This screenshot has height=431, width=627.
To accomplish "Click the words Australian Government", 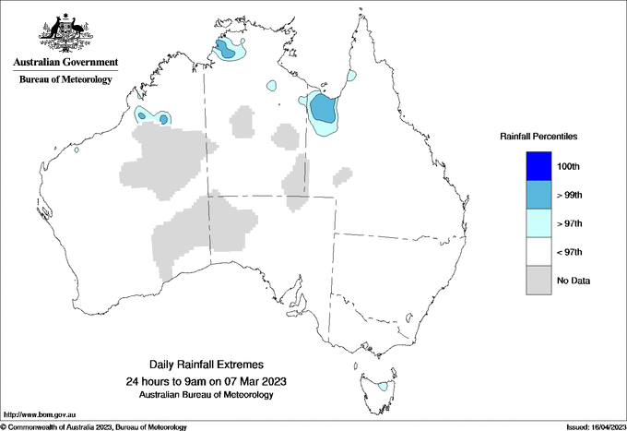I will click(65, 63).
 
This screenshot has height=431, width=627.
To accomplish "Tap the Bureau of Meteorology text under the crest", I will click(65, 79).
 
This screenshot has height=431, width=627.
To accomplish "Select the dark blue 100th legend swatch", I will click(538, 165).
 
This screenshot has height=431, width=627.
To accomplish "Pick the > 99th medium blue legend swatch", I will click(538, 194).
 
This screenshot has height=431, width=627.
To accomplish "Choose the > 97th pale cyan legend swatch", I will click(538, 222).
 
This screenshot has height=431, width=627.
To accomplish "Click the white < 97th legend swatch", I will click(538, 251).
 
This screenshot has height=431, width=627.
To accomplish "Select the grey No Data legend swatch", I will click(538, 280).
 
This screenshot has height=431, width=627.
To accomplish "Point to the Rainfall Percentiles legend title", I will click(538, 137).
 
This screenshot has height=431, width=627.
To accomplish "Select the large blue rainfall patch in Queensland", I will click(323, 110).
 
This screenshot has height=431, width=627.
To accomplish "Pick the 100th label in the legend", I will click(568, 166).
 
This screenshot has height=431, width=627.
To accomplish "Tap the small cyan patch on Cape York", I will click(351, 75).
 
